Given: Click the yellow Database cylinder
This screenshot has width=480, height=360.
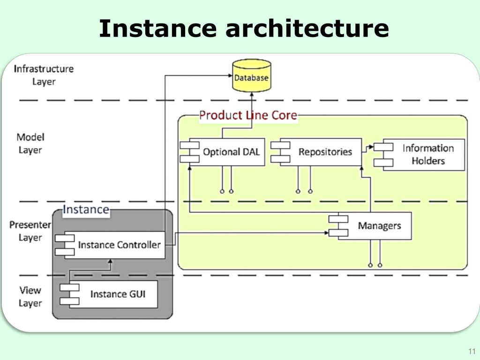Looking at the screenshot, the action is [x=252, y=75].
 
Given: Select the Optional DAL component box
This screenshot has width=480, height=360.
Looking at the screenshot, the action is [x=223, y=152].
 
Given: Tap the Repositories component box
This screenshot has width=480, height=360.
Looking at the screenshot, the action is [x=316, y=152].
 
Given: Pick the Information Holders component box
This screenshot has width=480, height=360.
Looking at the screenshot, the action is [x=419, y=155].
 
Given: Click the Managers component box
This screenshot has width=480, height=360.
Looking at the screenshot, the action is [x=370, y=226].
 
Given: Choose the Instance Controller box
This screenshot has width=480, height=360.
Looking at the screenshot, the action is [x=110, y=245].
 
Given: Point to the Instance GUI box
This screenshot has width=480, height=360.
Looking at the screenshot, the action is [x=109, y=294].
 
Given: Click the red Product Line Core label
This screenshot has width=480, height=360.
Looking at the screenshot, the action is [x=248, y=115].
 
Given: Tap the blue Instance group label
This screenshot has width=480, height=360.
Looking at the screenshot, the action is [x=86, y=210].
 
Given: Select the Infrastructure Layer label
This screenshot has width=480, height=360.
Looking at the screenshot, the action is [x=44, y=75].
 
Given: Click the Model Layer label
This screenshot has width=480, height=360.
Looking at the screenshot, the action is [x=30, y=143].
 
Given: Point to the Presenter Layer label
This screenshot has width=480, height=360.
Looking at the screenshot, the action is [x=30, y=231].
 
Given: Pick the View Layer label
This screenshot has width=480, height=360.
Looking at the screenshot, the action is [x=30, y=297].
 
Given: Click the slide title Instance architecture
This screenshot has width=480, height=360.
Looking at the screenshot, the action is [x=244, y=29].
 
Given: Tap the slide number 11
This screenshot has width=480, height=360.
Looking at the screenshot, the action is [x=472, y=351].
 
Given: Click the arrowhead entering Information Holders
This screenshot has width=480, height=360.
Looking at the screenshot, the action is [x=371, y=147].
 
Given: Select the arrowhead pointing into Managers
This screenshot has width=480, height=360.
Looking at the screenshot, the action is [x=326, y=233].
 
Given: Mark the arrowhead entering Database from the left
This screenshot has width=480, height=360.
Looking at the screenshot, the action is [x=230, y=75].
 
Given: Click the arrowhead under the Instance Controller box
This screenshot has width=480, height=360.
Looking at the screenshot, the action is [x=111, y=262].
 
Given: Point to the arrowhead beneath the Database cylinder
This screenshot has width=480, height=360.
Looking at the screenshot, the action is [x=252, y=94].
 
